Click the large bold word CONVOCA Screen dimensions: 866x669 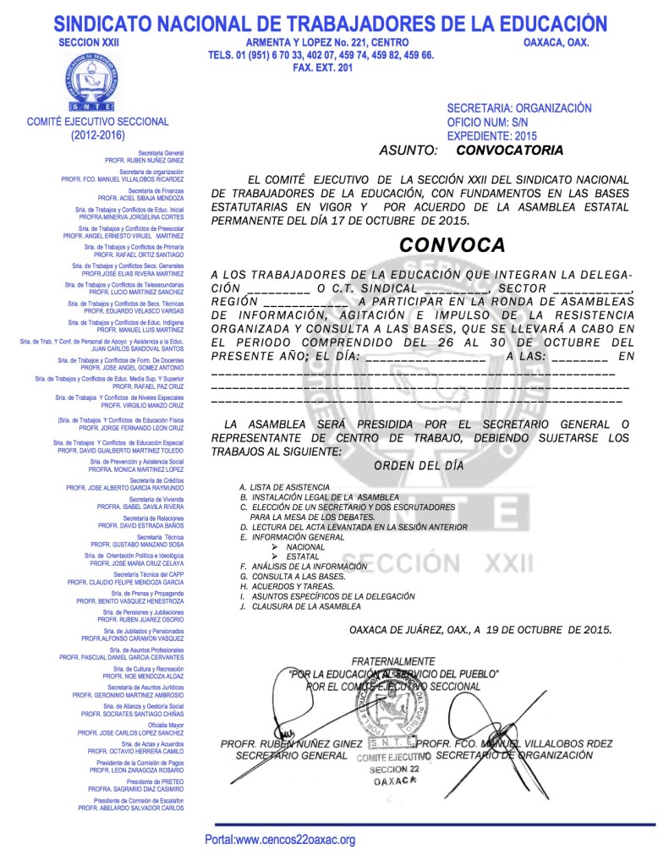tap(452, 245)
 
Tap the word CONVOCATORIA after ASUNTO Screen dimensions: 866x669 tap(508, 151)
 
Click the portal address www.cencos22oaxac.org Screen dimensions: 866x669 tap(280, 840)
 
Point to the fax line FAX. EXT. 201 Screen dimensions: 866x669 tap(321, 68)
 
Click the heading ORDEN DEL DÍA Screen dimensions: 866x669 tap(419, 465)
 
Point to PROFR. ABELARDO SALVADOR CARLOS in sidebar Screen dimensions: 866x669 tap(131, 808)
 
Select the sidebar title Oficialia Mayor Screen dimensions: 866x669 tap(166, 725)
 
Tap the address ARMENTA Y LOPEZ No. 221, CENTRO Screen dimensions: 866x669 tap(327, 42)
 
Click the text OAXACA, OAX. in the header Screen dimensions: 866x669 tap(556, 42)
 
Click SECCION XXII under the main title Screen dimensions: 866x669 tap(84, 41)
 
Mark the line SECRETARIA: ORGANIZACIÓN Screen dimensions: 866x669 tap(518, 108)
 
